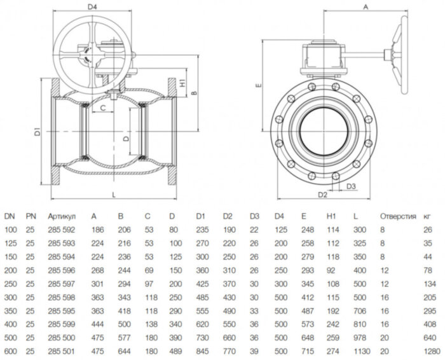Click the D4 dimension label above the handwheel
pyautogui.click(x=92, y=8)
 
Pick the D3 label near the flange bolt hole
pyautogui.click(x=351, y=186)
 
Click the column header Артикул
pyautogui.click(x=61, y=216)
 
